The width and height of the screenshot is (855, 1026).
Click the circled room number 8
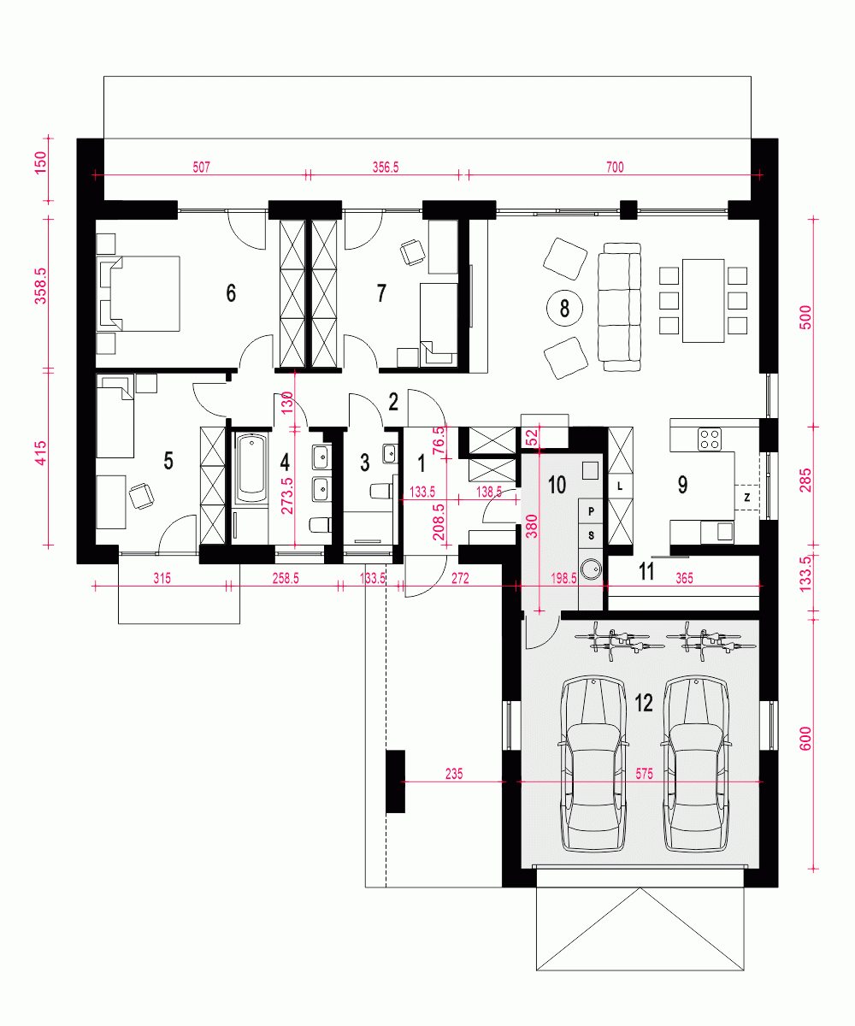(x=564, y=308)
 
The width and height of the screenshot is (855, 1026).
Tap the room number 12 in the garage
(x=644, y=703)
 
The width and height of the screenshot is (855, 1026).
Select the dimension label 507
(x=202, y=168)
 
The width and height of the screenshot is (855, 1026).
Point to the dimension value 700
(x=615, y=168)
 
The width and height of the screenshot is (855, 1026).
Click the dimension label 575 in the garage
(x=644, y=774)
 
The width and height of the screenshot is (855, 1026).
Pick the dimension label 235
(x=454, y=774)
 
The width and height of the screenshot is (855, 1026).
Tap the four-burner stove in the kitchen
(x=710, y=439)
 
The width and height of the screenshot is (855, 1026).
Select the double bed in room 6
(x=139, y=293)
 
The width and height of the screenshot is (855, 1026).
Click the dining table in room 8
(x=703, y=301)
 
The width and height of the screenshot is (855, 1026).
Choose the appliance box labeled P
(x=591, y=511)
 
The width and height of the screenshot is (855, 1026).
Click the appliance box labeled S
(x=591, y=535)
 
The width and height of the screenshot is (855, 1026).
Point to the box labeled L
(x=620, y=486)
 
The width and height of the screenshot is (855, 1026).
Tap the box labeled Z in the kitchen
(x=747, y=498)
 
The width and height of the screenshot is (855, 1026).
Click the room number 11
(x=646, y=571)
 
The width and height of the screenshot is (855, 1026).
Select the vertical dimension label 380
(x=532, y=526)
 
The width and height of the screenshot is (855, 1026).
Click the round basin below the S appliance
(x=591, y=569)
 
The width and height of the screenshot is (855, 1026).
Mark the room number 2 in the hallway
(x=393, y=402)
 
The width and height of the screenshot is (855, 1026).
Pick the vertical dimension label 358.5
(x=40, y=286)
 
